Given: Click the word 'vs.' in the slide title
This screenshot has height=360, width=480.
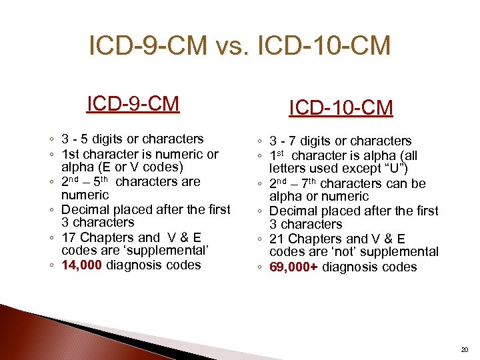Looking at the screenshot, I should (x=231, y=47).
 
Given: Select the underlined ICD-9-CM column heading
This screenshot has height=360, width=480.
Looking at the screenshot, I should (x=133, y=104).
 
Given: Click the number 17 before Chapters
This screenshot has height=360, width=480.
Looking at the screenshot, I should (x=69, y=237).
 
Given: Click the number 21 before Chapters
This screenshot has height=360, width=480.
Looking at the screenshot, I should (x=277, y=239).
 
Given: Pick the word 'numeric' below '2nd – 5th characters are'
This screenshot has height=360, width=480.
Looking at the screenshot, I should (x=85, y=195).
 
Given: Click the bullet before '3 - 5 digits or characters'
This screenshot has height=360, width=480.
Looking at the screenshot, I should (x=52, y=140).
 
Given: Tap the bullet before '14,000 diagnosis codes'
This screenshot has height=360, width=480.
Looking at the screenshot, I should (x=52, y=265).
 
